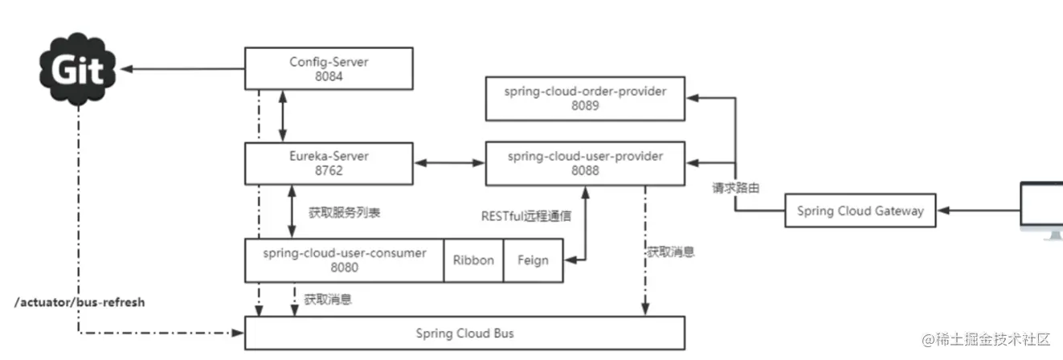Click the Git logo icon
click(77, 71)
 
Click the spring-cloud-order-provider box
click(585, 98)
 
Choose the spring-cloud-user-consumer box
click(344, 260)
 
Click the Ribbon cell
click(473, 260)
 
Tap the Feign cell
click(533, 260)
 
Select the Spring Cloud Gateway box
click(860, 211)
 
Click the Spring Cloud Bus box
click(464, 333)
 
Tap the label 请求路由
click(735, 188)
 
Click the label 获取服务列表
click(344, 214)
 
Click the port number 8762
click(328, 171)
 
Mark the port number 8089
click(585, 106)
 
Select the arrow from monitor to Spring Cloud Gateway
click(977, 211)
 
